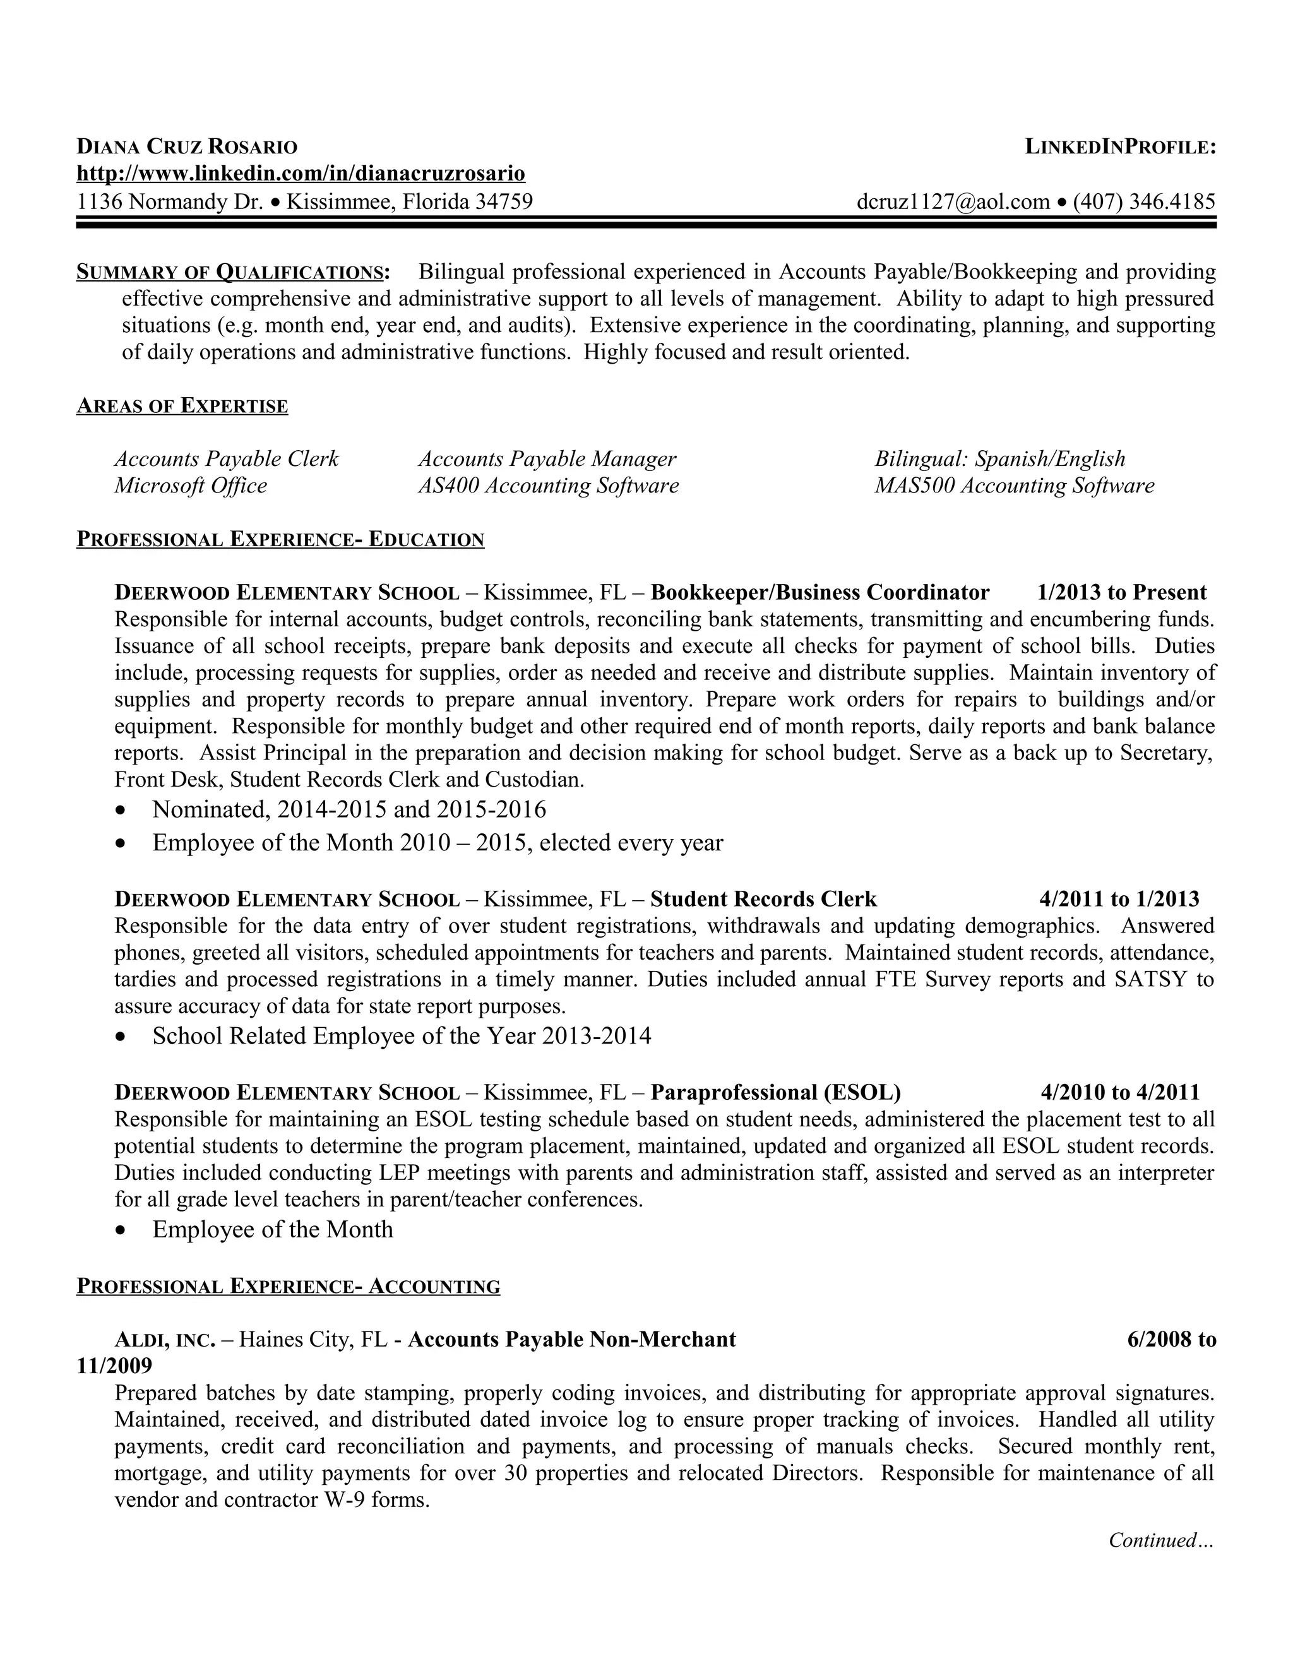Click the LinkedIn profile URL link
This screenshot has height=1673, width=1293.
(x=301, y=174)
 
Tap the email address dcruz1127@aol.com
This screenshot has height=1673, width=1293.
(x=953, y=201)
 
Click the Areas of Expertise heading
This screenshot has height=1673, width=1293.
(x=182, y=406)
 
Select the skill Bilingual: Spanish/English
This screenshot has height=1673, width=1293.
(x=999, y=459)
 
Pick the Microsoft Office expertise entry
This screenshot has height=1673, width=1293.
(x=191, y=485)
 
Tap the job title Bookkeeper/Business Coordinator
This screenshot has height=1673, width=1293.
(x=819, y=592)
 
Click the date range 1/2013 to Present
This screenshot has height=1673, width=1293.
(x=1121, y=592)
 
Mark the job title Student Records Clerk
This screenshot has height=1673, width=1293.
(x=763, y=898)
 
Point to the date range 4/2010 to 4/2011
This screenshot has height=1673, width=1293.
(x=1120, y=1092)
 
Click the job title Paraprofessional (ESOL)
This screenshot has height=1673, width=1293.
(x=775, y=1092)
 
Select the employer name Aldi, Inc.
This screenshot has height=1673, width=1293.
(x=165, y=1339)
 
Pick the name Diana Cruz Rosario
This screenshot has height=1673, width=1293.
(x=187, y=146)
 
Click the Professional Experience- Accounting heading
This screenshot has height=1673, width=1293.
(x=288, y=1286)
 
